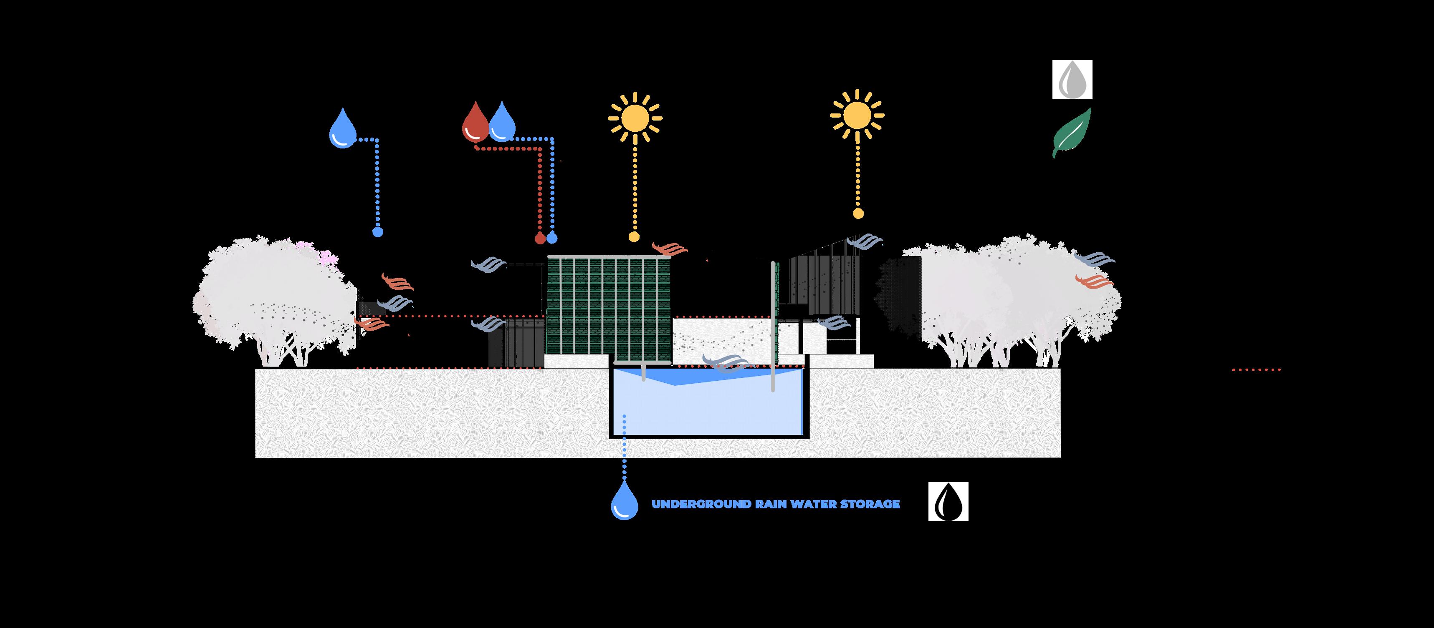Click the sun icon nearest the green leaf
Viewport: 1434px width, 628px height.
click(x=857, y=116)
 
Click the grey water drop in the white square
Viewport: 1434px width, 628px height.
click(x=1072, y=80)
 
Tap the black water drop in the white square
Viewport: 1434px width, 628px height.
click(x=948, y=502)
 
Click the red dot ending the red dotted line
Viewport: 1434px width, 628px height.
click(x=539, y=239)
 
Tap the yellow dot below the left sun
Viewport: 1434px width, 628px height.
click(x=633, y=237)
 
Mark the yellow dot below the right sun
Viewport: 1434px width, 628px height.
click(x=858, y=213)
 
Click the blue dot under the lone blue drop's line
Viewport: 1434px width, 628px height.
click(x=378, y=232)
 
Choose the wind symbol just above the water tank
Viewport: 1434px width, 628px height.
click(x=726, y=362)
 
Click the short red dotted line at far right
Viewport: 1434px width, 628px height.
click(x=1257, y=369)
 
